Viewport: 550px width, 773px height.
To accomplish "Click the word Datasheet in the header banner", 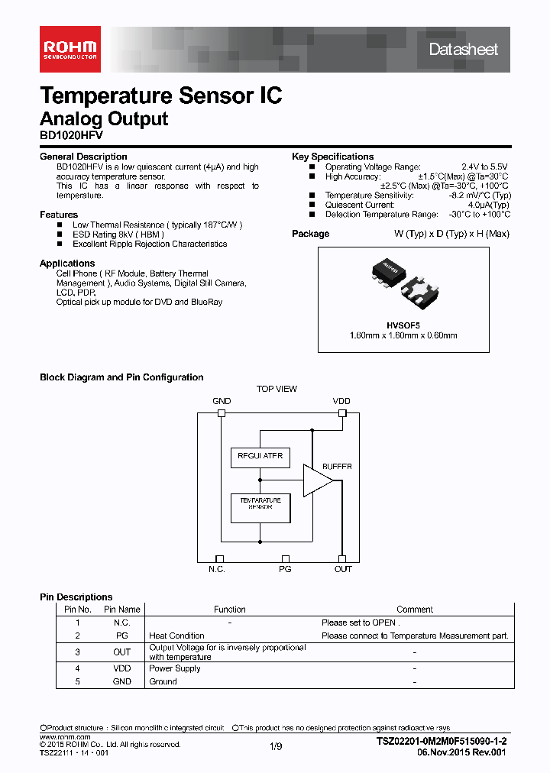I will coord(463,50).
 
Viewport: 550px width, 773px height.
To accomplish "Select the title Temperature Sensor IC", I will coord(160,95).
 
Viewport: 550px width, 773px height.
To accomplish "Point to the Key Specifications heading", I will coord(332,157).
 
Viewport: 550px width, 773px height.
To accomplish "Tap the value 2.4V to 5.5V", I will coord(484,167).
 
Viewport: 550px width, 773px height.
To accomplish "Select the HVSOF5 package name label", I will coord(413,324).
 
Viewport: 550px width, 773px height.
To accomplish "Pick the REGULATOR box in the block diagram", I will coord(260,457).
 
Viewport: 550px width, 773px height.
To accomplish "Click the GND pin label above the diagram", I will coord(221,401).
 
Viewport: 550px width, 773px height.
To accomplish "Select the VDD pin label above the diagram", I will coord(341,401).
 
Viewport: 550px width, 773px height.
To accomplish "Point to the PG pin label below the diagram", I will coord(285,569).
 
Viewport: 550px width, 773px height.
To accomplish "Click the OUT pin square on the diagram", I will coord(341,559).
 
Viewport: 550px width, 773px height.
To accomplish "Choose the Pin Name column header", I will coord(122,610).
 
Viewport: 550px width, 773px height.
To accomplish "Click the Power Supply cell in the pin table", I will coord(175,668).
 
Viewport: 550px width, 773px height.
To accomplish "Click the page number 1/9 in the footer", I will coord(275,745).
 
